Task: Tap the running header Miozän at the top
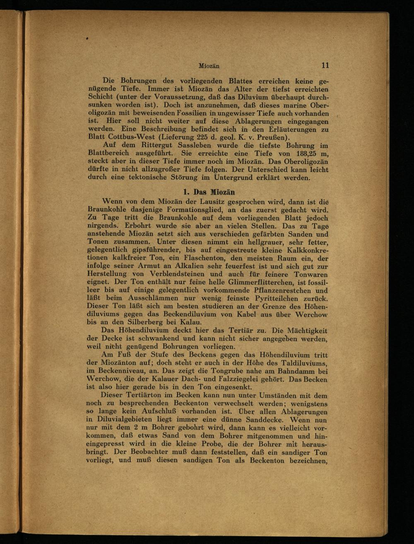(209, 66)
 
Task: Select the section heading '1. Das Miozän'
(209, 192)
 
